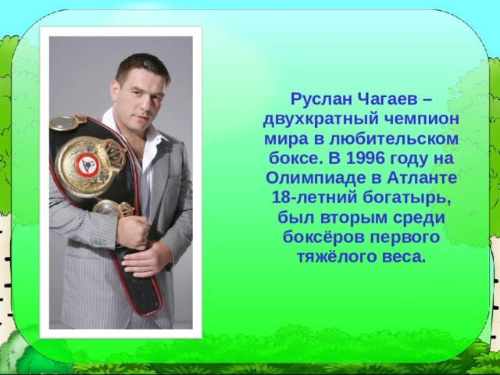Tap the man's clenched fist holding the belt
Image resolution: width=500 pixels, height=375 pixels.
pos(133,230)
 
